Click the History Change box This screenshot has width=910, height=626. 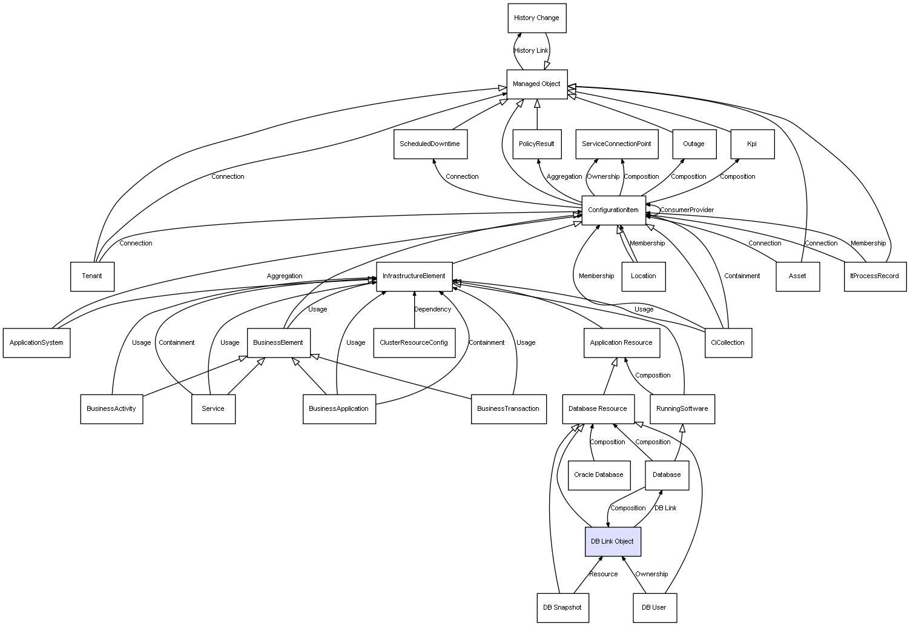click(536, 18)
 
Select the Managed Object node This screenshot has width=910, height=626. click(536, 84)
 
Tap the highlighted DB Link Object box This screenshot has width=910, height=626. click(613, 541)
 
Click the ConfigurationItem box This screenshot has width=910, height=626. click(613, 210)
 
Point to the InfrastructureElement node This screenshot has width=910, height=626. click(414, 276)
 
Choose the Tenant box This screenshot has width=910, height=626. click(92, 276)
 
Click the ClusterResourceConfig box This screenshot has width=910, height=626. click(414, 342)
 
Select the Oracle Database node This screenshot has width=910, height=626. click(599, 475)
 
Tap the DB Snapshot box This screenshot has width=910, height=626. click(562, 608)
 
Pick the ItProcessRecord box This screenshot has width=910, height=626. click(875, 276)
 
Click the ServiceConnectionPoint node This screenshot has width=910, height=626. click(617, 144)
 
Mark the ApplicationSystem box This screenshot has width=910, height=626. click(36, 342)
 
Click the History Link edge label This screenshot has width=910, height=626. click(531, 50)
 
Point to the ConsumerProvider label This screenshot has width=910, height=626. click(687, 210)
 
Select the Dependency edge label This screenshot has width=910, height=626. click(432, 309)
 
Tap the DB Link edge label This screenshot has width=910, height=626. click(665, 508)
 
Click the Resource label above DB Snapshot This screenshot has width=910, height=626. click(603, 574)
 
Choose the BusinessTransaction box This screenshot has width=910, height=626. click(509, 409)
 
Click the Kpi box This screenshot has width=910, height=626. click(753, 144)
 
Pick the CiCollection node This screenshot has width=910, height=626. click(728, 342)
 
